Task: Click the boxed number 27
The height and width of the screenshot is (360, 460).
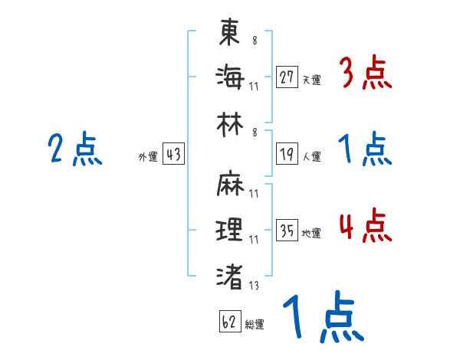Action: click(x=287, y=77)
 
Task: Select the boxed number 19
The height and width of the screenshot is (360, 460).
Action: click(x=287, y=154)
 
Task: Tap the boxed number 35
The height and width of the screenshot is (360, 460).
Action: click(x=287, y=231)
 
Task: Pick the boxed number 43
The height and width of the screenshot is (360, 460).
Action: click(x=173, y=155)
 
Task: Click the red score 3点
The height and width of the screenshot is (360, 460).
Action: click(x=365, y=75)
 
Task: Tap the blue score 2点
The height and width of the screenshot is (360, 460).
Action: click(x=75, y=149)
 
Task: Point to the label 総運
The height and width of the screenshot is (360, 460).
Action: click(x=255, y=324)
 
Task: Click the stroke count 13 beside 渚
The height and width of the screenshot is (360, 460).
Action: click(x=254, y=286)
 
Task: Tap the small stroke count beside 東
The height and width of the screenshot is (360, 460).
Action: click(x=255, y=41)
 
